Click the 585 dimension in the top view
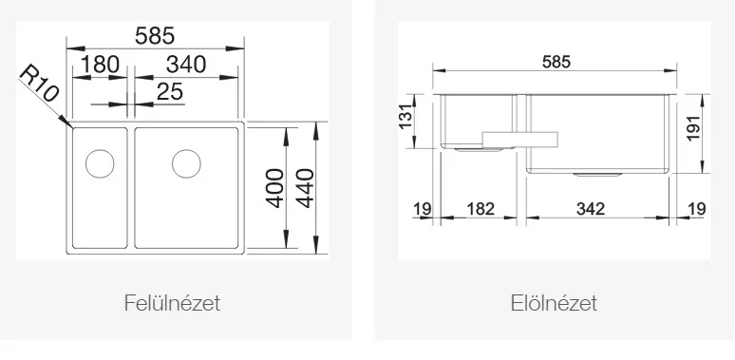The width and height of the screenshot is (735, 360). pos(155,36)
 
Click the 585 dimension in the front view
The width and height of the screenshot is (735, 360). pos(556,62)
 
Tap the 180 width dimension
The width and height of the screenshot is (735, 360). pos(101,65)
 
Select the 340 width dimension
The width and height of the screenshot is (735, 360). pos(186,65)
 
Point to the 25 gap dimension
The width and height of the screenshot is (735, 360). pos(170,91)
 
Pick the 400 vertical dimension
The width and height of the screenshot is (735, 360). pos(275,188)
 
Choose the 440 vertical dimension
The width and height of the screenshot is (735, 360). pos(305,188)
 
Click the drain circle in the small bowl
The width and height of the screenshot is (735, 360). pos(100,163)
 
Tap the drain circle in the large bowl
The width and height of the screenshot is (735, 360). pos(186,163)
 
